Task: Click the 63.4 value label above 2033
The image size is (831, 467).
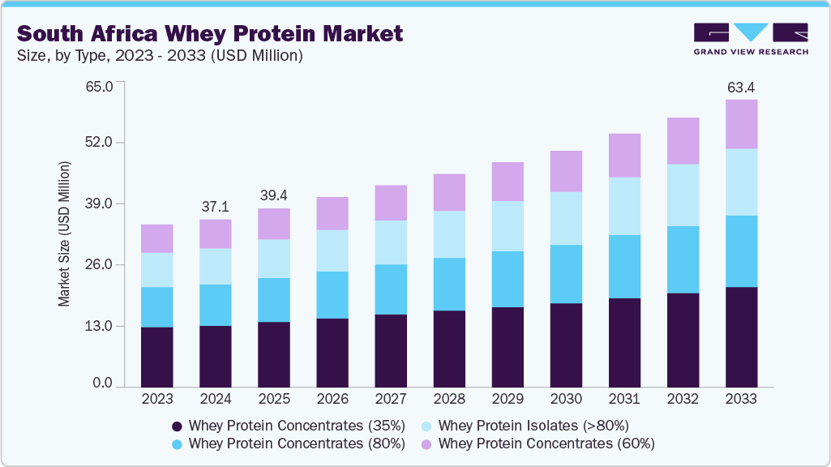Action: pos(741,87)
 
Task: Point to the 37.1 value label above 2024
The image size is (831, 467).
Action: pos(215,208)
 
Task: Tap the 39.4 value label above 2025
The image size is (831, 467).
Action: pos(274,195)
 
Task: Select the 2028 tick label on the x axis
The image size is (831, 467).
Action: pos(449,399)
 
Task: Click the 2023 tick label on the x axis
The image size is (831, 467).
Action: pos(156,399)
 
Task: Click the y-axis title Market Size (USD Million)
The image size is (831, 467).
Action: pos(64,233)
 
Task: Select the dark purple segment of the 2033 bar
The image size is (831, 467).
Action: pos(741,336)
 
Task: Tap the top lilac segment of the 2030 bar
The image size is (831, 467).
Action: pos(566,171)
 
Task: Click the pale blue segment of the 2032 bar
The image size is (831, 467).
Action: pos(683,195)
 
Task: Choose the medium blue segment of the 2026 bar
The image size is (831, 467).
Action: pos(332,295)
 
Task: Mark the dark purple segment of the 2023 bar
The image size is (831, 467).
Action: pos(156,357)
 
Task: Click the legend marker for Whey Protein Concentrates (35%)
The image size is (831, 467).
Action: pos(176,425)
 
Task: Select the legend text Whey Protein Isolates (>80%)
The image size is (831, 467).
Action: pos(533,425)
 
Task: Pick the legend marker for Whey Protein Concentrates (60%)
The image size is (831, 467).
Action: pos(426,443)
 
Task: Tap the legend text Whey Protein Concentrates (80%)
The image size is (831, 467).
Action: pos(296,443)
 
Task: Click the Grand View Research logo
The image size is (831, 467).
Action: pos(751,38)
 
